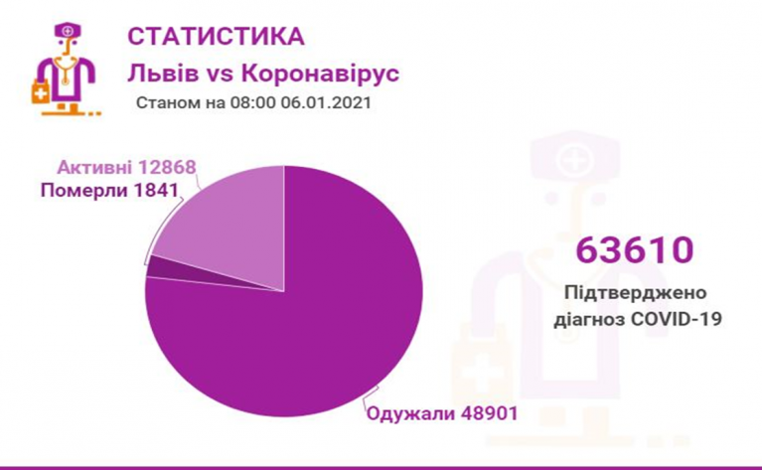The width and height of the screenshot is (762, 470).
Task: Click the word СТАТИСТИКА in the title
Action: click(216, 37)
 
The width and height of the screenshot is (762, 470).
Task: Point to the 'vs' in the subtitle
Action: click(219, 75)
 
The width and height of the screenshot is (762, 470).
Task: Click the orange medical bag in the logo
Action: click(40, 94)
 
